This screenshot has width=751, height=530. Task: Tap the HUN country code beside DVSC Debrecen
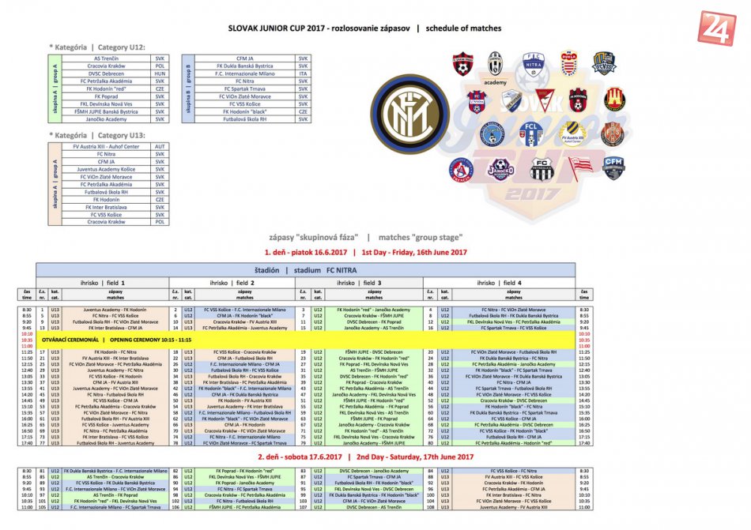tap(160, 73)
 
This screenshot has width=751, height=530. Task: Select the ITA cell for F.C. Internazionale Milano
tap(303, 73)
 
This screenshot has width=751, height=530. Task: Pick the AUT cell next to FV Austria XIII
tap(160, 146)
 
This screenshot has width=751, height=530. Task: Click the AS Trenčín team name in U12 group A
tap(107, 58)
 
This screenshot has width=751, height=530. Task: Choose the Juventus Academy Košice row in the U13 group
tap(107, 169)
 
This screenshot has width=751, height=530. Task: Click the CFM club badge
tap(614, 166)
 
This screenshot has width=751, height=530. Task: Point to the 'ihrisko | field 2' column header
tap(230, 282)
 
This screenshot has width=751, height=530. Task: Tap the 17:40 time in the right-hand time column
tap(583, 442)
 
